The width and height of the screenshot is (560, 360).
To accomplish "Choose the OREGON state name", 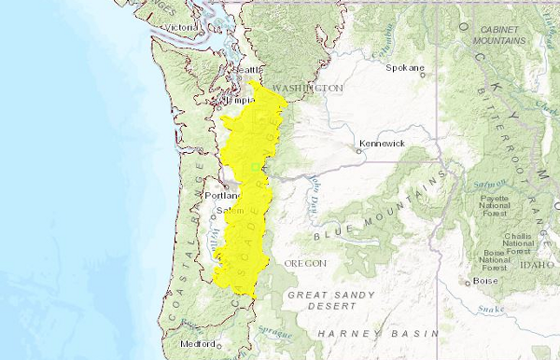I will [x=305, y=263].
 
